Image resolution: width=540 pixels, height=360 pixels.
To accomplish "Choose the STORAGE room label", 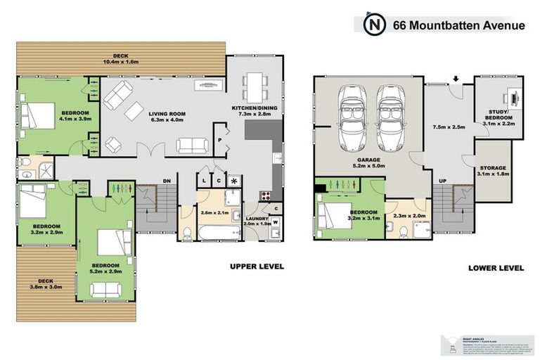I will tap(495, 169).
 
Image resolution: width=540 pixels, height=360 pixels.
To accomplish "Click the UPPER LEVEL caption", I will tap(257, 266).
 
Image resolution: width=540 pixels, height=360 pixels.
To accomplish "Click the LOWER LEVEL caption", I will tap(496, 268).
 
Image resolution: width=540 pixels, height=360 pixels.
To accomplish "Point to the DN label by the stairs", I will tap(166, 181).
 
